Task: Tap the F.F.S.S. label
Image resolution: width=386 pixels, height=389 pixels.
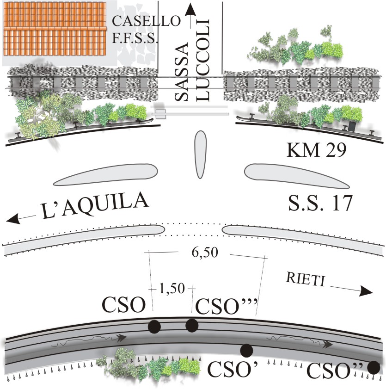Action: pos(135,39)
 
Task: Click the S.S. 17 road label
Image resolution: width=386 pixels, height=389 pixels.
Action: pos(319,203)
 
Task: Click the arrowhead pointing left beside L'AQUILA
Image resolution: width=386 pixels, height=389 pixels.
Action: pos(14,219)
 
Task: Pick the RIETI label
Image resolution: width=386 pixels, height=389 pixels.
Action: pos(300,279)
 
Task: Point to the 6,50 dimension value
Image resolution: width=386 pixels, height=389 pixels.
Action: pos(203,253)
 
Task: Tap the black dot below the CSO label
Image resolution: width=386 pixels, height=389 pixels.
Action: pos(154,327)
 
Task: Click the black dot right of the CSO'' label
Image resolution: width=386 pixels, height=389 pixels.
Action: pos(374,368)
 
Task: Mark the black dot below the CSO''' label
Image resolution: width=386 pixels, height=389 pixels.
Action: pos(192,325)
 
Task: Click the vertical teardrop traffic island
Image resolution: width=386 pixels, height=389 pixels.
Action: pos(200,154)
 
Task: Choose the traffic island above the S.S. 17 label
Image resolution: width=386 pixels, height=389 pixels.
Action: pos(296,175)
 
